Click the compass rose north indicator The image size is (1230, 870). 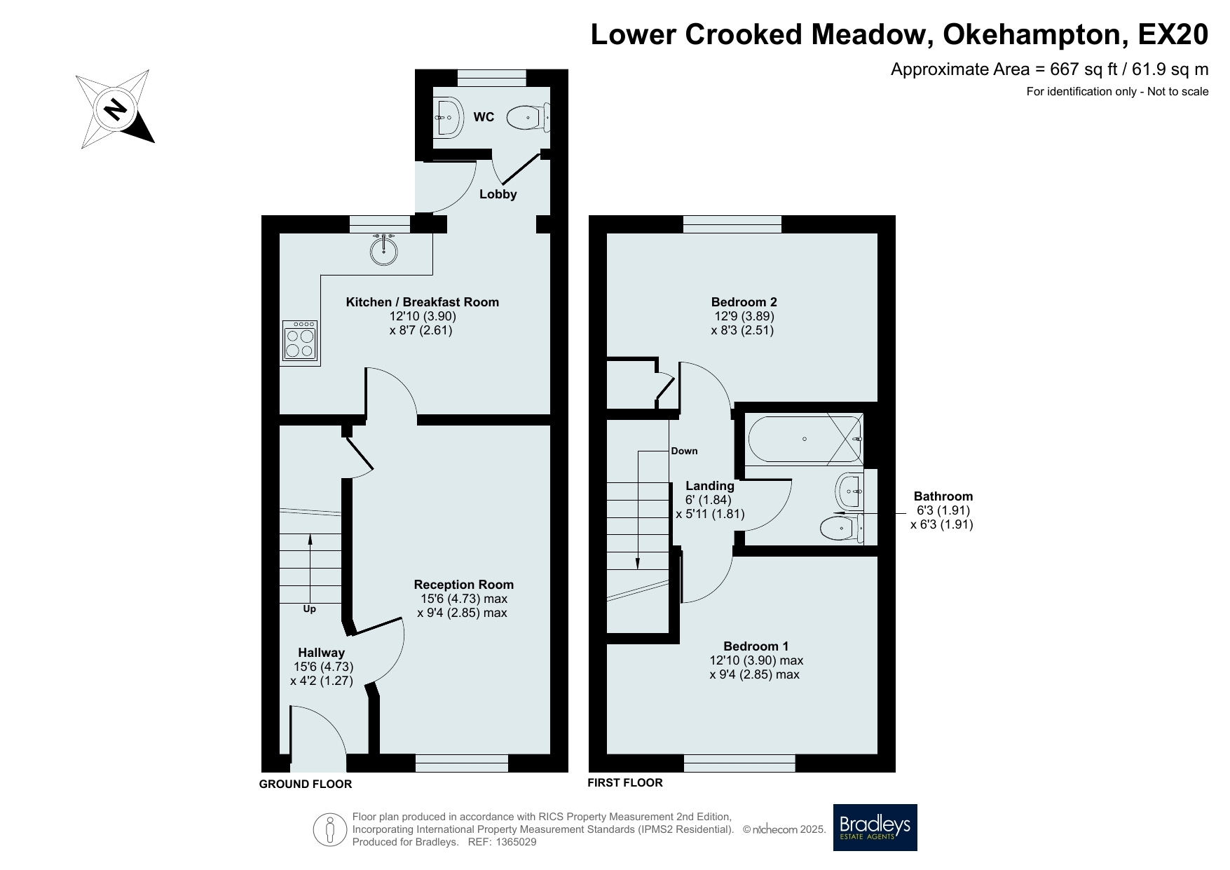pyautogui.click(x=116, y=109)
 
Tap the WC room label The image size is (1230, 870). pyautogui.click(x=484, y=117)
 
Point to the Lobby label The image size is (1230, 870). pyautogui.click(x=498, y=194)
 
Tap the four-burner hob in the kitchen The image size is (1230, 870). pyautogui.click(x=300, y=341)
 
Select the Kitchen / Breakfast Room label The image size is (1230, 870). pyautogui.click(x=422, y=302)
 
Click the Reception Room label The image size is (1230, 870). pyautogui.click(x=463, y=585)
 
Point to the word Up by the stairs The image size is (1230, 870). pyautogui.click(x=309, y=609)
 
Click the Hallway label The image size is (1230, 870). pyautogui.click(x=321, y=653)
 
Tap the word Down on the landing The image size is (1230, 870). pyautogui.click(x=684, y=451)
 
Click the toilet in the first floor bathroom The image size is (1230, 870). pyautogui.click(x=841, y=529)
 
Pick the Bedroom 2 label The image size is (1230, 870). pyautogui.click(x=744, y=302)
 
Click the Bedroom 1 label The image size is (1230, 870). pyautogui.click(x=756, y=646)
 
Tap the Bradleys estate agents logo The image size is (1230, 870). pyautogui.click(x=875, y=827)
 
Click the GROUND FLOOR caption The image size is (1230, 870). pyautogui.click(x=306, y=784)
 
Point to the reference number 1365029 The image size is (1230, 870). pyautogui.click(x=516, y=842)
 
